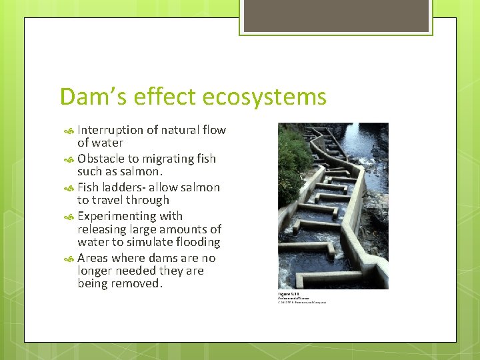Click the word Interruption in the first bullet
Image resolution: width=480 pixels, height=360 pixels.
pyautogui.click(x=110, y=130)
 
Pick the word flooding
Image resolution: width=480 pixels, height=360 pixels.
pyautogui.click(x=195, y=242)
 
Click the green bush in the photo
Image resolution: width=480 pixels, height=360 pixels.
pyautogui.click(x=292, y=160)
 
